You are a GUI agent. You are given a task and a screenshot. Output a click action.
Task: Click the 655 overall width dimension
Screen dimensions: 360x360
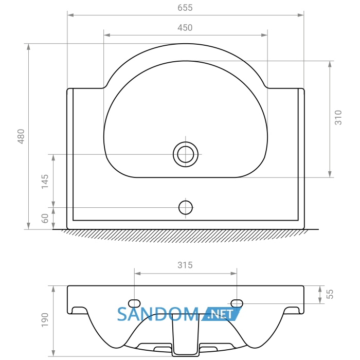tap(185, 8)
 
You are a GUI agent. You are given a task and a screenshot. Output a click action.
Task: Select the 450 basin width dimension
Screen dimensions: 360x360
tap(185, 28)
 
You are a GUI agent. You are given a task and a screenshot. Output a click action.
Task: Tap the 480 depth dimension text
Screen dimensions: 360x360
tap(21, 136)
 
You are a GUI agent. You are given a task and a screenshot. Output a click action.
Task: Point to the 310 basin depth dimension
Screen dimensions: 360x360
tap(338, 118)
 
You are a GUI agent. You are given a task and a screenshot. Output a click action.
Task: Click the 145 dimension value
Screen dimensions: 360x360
tap(45, 182)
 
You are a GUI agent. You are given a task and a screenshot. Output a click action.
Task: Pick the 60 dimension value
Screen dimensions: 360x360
tap(45, 219)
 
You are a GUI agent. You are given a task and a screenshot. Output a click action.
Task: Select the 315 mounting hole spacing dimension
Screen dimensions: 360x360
tap(185, 265)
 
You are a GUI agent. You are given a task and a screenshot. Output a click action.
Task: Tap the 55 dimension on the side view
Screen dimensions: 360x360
tap(330, 294)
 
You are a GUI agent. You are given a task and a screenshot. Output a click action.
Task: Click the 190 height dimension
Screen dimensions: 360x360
tap(45, 320)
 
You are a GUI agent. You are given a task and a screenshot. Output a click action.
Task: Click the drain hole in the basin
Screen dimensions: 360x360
tap(186, 154)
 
